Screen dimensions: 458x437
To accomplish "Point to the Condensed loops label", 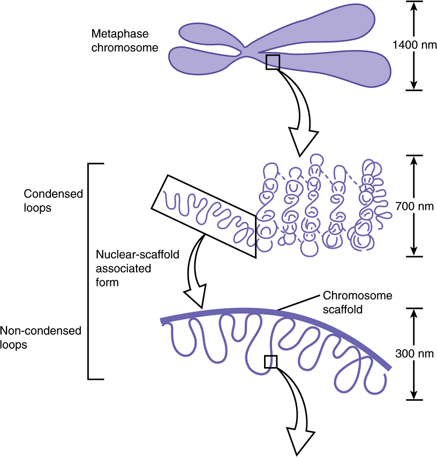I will pos(54,200).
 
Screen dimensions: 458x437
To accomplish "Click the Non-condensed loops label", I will pos(41,338).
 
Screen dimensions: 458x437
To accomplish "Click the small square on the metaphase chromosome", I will pos(273,62).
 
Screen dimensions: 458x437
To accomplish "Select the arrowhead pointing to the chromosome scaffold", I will pos(195,299).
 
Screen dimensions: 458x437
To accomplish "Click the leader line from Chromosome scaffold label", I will pos(299,303).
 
